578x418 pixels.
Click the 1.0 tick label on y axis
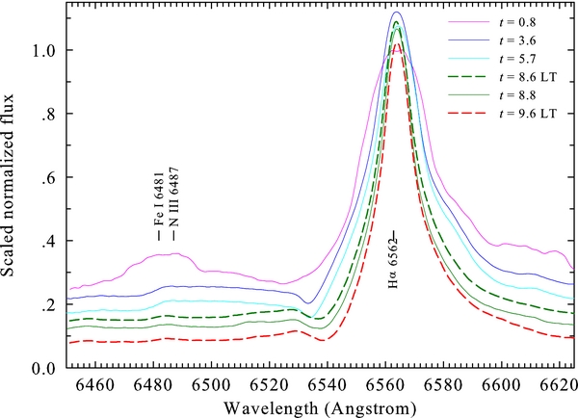point(42,50)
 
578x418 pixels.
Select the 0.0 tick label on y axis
point(42,368)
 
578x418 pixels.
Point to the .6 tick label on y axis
point(47,177)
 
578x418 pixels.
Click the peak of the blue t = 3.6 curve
point(398,13)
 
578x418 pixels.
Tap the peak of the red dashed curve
point(398,42)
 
